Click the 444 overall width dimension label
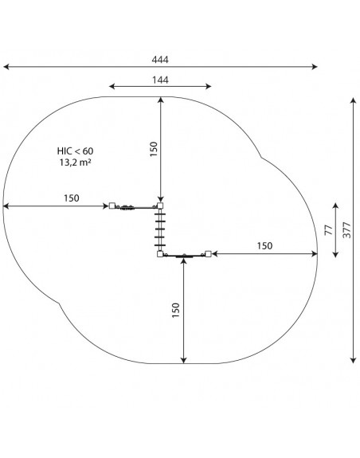coord(160,60)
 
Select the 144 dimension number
coord(160,80)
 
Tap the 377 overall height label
coord(346,230)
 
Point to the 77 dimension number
coord(328,230)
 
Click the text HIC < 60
coord(76,151)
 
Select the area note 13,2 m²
coord(76,162)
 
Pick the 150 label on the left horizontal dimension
coord(72,198)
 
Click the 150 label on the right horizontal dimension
coord(264,246)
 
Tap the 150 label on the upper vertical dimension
coord(154,149)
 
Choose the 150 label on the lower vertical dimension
coord(176,310)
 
